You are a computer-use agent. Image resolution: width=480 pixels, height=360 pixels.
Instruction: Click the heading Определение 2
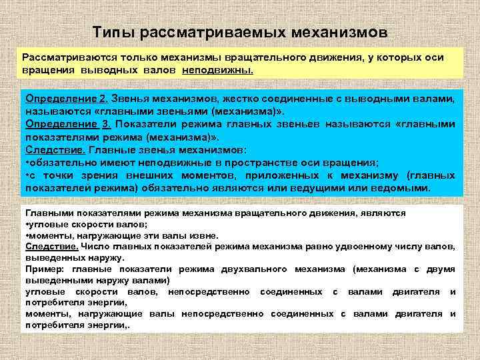pyautogui.click(x=65, y=99)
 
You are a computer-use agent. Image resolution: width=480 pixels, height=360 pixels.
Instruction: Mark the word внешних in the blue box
pyautogui.click(x=173, y=175)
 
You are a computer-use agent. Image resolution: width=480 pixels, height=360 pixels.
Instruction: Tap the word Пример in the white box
pyautogui.click(x=43, y=268)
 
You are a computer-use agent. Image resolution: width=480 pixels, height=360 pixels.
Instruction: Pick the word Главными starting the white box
pyautogui.click(x=47, y=213)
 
